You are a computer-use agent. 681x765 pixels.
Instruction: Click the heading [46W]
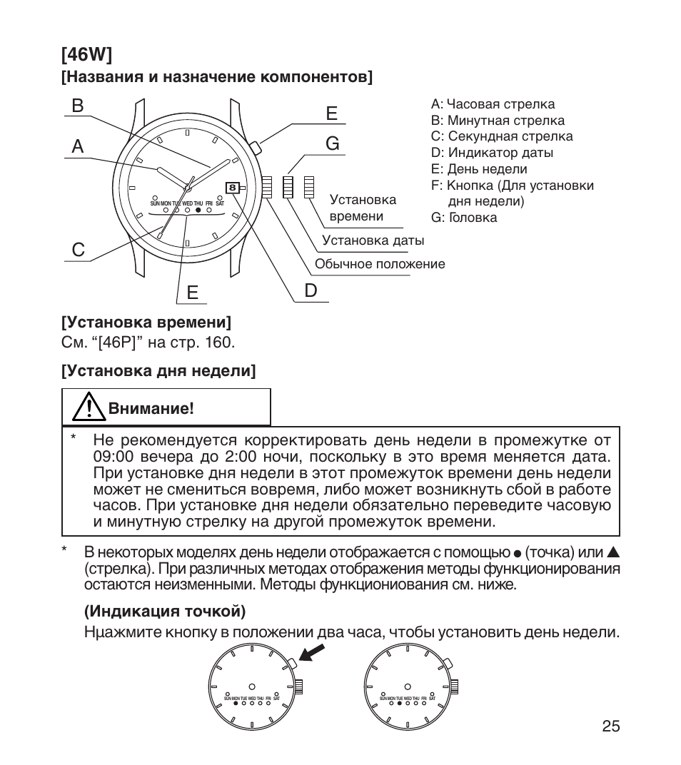[x=86, y=54]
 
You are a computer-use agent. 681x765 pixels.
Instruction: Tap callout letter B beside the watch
[x=77, y=105]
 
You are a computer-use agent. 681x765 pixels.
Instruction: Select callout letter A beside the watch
[x=77, y=146]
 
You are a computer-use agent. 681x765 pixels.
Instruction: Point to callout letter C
[x=77, y=250]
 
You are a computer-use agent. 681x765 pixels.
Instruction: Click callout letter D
[x=311, y=290]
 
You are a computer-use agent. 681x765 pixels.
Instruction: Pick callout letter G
[x=332, y=143]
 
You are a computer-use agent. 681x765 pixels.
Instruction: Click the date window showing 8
[x=233, y=188]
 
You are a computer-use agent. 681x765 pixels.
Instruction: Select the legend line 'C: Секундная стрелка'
[x=501, y=136]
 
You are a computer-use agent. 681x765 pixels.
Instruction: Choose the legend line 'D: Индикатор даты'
[x=492, y=153]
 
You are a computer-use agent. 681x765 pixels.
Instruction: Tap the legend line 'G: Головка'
[x=464, y=218]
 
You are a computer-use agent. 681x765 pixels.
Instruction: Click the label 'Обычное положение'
[x=380, y=264]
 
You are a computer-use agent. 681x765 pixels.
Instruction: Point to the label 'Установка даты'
[x=373, y=240]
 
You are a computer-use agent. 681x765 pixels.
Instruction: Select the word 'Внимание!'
[x=151, y=409]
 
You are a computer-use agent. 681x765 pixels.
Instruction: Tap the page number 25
[x=610, y=726]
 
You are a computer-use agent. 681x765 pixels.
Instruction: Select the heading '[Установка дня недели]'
[x=158, y=371]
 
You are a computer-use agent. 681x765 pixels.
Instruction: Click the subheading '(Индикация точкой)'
[x=165, y=612]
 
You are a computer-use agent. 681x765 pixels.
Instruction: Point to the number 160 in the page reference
[x=218, y=343]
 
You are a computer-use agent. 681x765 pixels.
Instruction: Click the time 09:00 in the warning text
[x=114, y=456]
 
